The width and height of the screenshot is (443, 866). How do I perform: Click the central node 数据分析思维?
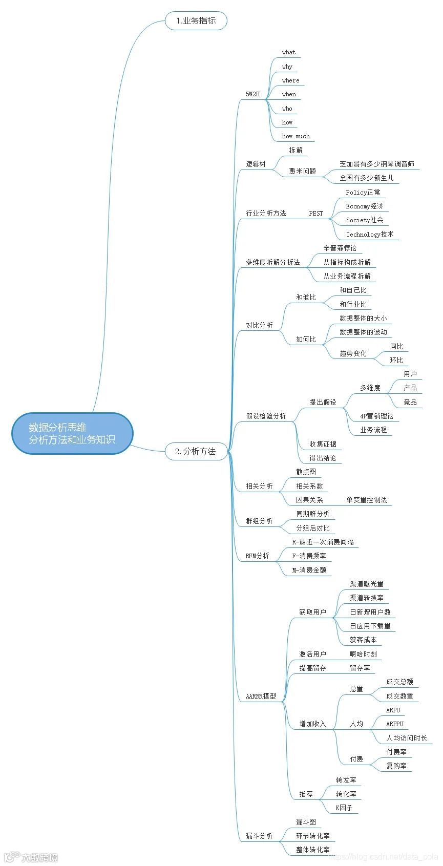pos(72,433)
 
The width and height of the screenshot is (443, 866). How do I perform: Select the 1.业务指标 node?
pos(196,21)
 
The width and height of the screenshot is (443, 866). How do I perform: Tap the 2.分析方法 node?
pos(196,451)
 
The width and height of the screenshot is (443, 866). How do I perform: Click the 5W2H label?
pos(252,94)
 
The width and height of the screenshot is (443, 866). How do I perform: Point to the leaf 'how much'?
pos(296,136)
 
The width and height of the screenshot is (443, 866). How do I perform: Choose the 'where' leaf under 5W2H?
pos(290,80)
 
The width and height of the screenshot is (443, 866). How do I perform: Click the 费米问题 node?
pos(302,171)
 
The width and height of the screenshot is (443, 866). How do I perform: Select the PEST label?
pos(316,213)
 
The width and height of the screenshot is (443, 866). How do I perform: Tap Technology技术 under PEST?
pos(369,234)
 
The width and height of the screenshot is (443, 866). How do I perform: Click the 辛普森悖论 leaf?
pos(340,248)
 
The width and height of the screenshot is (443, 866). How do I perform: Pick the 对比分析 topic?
pos(259,325)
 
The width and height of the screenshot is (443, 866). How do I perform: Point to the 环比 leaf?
pos(396,360)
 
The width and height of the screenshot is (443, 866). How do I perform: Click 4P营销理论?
pos(376,416)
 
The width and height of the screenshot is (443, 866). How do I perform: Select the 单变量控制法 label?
pos(366,500)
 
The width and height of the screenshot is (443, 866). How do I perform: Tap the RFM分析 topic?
pos(257,556)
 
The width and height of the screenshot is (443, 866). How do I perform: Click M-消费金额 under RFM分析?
pos(309,570)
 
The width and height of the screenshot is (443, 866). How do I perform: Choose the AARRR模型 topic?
pos(261,696)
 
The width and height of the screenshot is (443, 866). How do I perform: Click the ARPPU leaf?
pos(394,724)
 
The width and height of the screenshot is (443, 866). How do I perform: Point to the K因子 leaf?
pos(344,808)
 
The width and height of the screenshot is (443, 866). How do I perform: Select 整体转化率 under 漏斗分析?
pos(312,850)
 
